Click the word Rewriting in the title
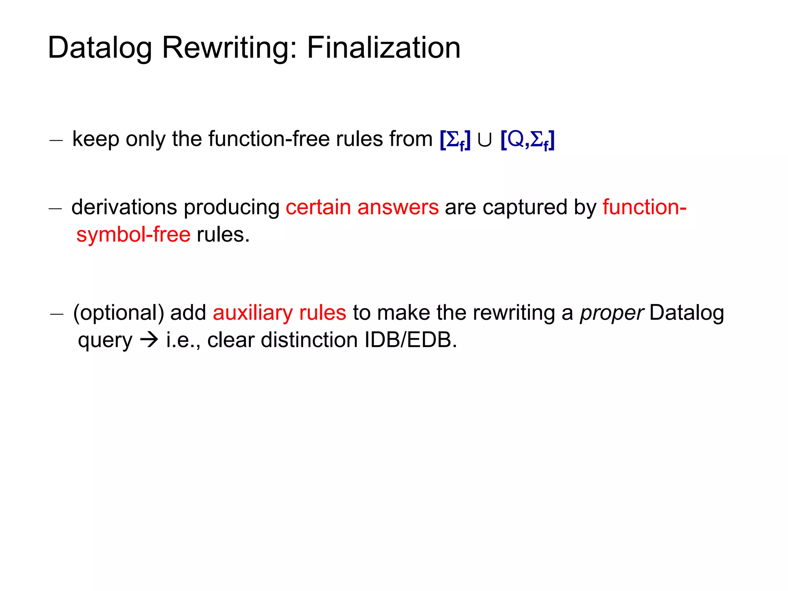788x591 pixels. point(229,48)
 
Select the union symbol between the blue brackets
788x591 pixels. point(484,140)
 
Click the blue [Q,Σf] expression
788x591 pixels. point(528,140)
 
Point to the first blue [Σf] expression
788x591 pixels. point(455,140)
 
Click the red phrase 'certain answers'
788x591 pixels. point(362,207)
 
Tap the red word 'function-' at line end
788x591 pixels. point(644,207)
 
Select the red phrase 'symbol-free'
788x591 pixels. point(134,235)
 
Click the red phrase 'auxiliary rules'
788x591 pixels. point(279,313)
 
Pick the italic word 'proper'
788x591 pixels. point(611,313)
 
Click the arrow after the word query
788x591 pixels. point(149,340)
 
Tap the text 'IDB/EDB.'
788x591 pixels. point(411,340)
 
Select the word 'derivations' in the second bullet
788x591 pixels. point(124,207)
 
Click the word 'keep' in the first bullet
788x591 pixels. point(95,139)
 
